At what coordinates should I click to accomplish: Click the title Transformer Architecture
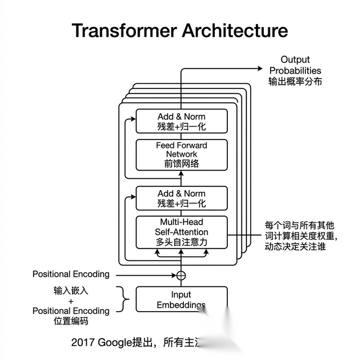tap(180, 30)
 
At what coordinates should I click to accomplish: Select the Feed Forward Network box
tap(182, 155)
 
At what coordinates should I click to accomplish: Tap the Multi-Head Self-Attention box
tap(182, 232)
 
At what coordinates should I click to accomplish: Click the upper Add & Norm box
tap(182, 121)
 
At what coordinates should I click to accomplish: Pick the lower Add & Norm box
tap(182, 198)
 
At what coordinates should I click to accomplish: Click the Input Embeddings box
tap(182, 299)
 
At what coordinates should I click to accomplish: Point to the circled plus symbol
tap(181, 275)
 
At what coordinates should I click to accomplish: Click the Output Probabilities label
tap(295, 65)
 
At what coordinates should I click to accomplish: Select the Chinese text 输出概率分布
tap(295, 82)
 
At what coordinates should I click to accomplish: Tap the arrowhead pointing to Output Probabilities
tap(260, 68)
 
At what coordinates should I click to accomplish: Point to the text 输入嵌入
tap(71, 291)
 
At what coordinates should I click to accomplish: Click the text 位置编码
tap(71, 322)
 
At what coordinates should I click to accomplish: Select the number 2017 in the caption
tap(83, 342)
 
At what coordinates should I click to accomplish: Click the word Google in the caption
tap(115, 342)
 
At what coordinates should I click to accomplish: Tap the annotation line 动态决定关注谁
tap(295, 246)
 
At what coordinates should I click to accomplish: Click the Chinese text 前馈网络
tap(182, 164)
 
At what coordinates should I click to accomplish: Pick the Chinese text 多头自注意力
tap(182, 242)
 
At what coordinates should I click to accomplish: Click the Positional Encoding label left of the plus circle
tap(71, 274)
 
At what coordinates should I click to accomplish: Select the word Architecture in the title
tap(235, 30)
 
